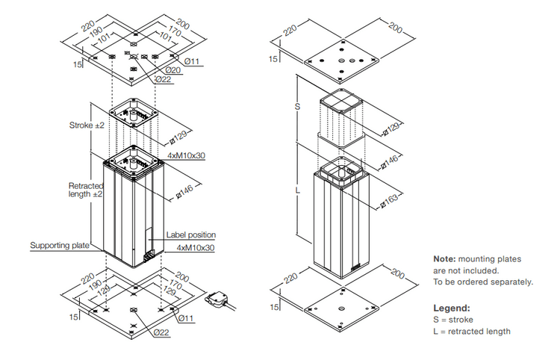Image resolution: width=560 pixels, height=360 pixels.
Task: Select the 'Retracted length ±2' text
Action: click(85, 190)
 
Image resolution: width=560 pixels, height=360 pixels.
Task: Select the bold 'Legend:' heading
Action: click(452, 308)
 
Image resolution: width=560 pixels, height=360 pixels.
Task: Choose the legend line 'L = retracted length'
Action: click(472, 331)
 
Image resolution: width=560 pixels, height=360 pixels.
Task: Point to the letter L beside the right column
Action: click(298, 192)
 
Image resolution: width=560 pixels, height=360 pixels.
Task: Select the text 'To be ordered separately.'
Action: click(483, 282)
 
